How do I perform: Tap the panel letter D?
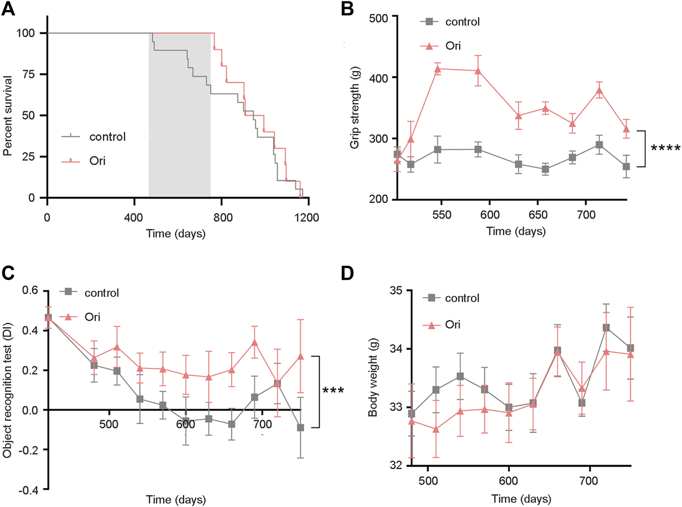coord(347,274)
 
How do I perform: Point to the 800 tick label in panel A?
coord(222,218)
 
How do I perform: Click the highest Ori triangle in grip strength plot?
coord(438,69)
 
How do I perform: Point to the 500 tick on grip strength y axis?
coord(379,18)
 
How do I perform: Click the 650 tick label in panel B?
coord(538,215)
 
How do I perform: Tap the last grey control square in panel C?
coord(300,428)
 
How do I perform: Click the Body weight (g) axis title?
coord(373,379)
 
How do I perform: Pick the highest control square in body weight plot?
coord(606,327)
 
